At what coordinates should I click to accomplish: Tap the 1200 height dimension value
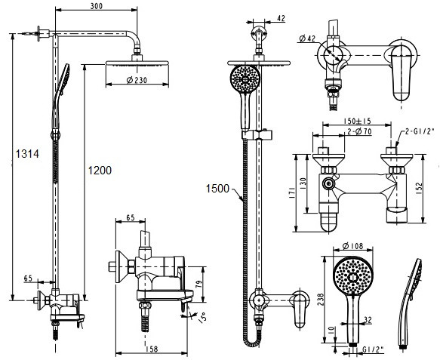(x=100, y=170)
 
